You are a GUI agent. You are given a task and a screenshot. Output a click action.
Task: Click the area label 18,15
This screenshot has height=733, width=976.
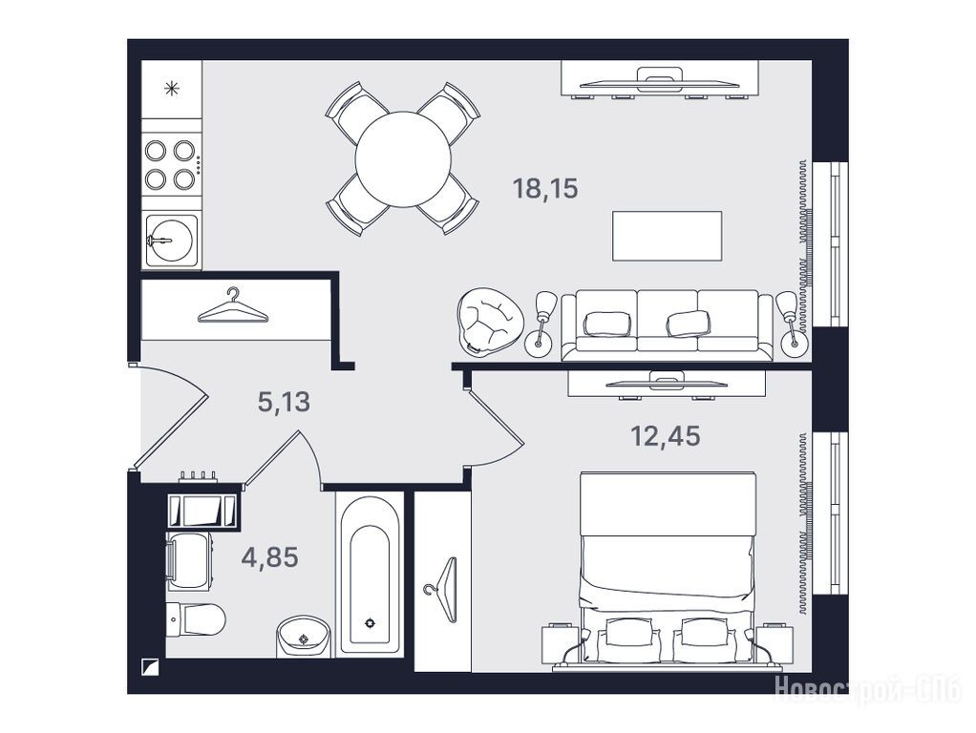[x=545, y=188]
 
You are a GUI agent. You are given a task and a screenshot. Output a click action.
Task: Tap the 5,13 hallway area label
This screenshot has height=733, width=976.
[x=284, y=402]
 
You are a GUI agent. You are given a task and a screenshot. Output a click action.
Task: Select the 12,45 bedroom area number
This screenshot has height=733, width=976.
[x=666, y=436]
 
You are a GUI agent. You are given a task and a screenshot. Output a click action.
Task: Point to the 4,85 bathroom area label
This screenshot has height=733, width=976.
[x=269, y=556]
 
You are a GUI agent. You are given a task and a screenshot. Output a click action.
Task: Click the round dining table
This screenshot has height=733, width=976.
[x=403, y=159]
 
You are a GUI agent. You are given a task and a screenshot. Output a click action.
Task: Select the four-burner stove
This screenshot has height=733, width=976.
[x=171, y=165]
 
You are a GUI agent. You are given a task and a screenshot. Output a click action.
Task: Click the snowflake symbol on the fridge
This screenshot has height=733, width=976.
[x=171, y=89]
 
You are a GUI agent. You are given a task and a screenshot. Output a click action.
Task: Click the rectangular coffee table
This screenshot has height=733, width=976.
[x=667, y=236]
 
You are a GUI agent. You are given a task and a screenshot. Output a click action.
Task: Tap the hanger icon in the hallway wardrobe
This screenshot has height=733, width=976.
[x=233, y=306]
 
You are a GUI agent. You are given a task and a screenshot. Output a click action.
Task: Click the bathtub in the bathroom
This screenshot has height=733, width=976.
[x=370, y=573]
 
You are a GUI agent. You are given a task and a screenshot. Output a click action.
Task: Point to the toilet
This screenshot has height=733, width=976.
[x=196, y=619]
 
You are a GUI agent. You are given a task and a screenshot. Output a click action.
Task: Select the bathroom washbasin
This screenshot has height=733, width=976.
[x=303, y=637]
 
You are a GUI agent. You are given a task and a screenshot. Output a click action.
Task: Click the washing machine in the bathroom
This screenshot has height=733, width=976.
[x=189, y=560]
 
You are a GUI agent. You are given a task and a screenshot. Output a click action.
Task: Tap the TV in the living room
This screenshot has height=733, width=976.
[x=660, y=79]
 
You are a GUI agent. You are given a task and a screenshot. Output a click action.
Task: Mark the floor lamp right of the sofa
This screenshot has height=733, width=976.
[x=791, y=324]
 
